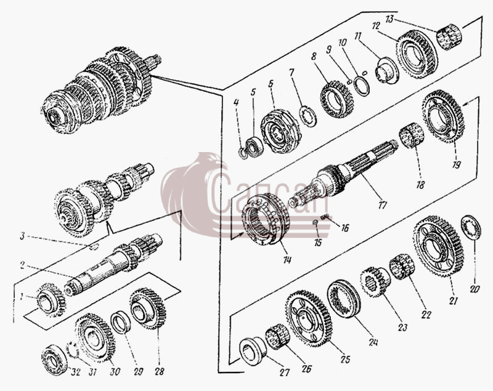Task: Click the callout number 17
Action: [382, 206]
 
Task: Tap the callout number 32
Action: [75, 372]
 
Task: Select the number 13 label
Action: [389, 19]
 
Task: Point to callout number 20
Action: [474, 288]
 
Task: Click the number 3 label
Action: [22, 236]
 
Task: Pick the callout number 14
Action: [287, 260]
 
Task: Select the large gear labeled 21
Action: [439, 246]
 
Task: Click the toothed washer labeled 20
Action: [471, 228]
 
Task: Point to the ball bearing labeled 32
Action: [54, 360]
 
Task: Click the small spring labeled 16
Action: [325, 216]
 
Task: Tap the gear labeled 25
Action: [309, 318]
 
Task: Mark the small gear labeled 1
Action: [52, 300]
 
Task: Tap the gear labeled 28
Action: [148, 308]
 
